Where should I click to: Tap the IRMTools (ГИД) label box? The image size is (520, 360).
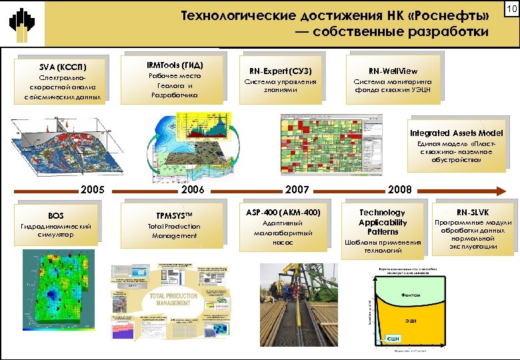175,79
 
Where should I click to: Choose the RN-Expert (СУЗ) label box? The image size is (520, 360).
280,79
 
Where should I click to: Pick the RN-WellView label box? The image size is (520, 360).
393,79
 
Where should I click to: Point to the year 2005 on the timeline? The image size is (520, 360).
93,189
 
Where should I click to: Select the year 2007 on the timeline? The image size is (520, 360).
297,189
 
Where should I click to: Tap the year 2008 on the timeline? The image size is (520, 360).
400,189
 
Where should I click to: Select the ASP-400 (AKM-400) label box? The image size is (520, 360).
283,225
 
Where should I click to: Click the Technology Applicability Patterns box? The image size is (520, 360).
382,231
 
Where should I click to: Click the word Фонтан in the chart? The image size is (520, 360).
410,295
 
